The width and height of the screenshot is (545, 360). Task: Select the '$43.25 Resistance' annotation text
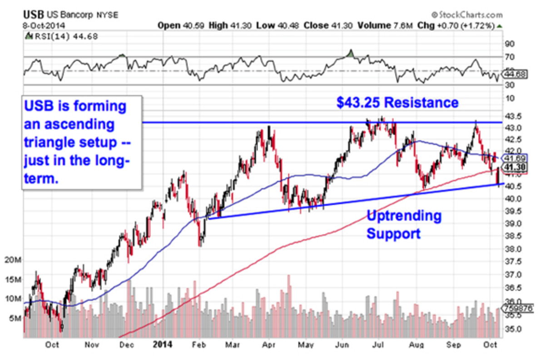point(397,103)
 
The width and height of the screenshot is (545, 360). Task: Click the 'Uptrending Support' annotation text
point(404,225)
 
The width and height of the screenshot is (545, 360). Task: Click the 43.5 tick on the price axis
point(513,115)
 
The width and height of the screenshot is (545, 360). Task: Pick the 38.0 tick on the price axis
point(513,249)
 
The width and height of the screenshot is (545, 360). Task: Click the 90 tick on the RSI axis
point(510,44)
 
